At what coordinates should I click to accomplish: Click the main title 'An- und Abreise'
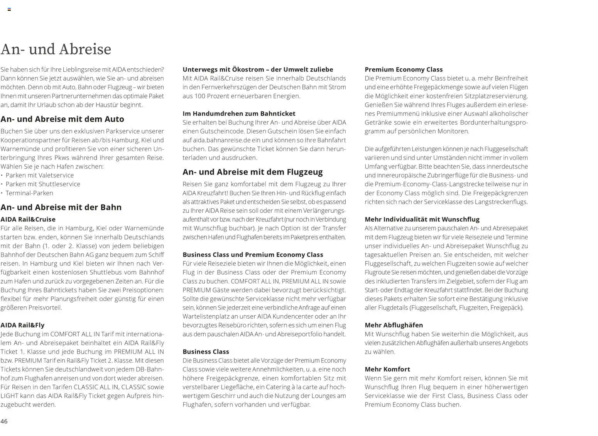[x=56, y=49]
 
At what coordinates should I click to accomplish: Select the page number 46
[x=4, y=421]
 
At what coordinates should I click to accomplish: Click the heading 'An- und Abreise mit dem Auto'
[x=62, y=119]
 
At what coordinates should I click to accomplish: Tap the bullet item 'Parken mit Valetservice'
[x=39, y=176]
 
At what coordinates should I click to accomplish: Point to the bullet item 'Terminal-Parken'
[x=29, y=193]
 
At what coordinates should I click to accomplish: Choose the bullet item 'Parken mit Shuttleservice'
[x=43, y=184]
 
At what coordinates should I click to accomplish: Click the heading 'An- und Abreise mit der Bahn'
[x=61, y=207]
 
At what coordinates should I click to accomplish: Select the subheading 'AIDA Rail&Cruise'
[x=28, y=220]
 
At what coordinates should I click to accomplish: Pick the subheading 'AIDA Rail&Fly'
[x=22, y=325]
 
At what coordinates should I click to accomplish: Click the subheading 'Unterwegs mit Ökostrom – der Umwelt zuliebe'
[x=258, y=69]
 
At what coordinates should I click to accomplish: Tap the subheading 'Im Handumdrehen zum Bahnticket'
[x=239, y=114]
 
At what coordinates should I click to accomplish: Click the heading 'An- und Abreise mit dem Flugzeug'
[x=252, y=172]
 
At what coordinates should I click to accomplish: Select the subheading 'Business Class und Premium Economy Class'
[x=253, y=255]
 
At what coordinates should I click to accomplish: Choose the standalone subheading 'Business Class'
[x=206, y=352]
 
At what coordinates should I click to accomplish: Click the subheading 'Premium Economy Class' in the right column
[x=404, y=69]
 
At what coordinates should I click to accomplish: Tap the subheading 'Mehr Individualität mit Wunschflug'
[x=422, y=220]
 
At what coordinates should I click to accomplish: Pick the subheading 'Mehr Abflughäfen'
[x=394, y=325]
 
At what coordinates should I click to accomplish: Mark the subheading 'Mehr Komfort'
[x=387, y=369]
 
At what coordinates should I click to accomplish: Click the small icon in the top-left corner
[x=9, y=9]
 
